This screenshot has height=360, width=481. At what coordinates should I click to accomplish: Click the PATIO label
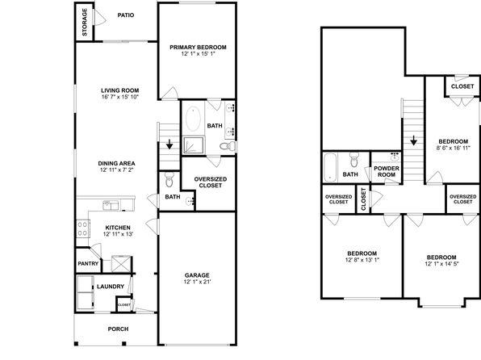pos(126,15)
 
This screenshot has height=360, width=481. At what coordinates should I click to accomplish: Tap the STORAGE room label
pos(85,22)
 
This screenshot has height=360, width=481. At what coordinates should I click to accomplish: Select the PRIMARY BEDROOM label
pos(198,48)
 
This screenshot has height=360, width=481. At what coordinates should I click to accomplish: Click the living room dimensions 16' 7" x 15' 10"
pos(120,97)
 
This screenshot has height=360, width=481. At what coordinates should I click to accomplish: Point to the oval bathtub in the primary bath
pos(193,118)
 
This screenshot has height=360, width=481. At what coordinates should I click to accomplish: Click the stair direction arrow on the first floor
pos(169,144)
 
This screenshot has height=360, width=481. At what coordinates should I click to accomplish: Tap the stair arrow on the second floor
pos(413,140)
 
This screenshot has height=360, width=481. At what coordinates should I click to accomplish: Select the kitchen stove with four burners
pos(83,229)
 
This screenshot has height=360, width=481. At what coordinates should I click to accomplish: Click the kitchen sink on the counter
pos(111,205)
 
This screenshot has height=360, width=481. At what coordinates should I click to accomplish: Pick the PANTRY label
pos(88,264)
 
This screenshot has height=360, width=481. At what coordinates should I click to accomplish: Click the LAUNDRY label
pos(111,287)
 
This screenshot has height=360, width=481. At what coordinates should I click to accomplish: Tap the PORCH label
pos(118,329)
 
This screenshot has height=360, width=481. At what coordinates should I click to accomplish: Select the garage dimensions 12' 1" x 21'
pos(197,282)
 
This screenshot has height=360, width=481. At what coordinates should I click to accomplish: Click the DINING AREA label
pos(116,164)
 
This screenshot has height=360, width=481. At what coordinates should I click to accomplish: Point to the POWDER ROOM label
pos(387,172)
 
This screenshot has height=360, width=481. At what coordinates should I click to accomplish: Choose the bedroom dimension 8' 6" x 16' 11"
pos(454,148)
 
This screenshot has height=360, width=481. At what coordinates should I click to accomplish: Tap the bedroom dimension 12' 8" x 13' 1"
pos(362,260)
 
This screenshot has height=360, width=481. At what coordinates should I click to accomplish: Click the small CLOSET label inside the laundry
pos(124,305)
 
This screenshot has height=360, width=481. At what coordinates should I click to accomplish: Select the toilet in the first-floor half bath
pos(169,179)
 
